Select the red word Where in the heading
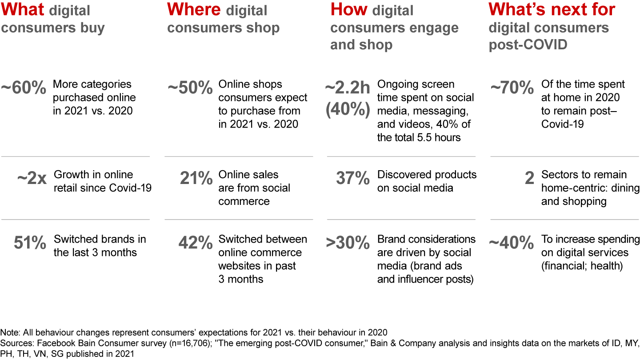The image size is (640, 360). [x=194, y=9]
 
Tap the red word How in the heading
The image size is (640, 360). [x=349, y=9]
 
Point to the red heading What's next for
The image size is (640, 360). [x=552, y=9]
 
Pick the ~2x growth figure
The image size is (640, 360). [x=32, y=179]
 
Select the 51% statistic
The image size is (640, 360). [x=30, y=243]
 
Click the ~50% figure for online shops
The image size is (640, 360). [x=190, y=88]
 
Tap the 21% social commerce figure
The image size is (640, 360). [x=196, y=179]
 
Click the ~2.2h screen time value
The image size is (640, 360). [x=348, y=88]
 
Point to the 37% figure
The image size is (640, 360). [x=353, y=179]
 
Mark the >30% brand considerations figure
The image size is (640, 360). [x=348, y=243]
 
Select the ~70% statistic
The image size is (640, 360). [x=512, y=88]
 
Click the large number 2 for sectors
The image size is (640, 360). [x=529, y=179]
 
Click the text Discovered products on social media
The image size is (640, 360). [x=427, y=181]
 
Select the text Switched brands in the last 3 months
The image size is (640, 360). [x=100, y=246]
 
